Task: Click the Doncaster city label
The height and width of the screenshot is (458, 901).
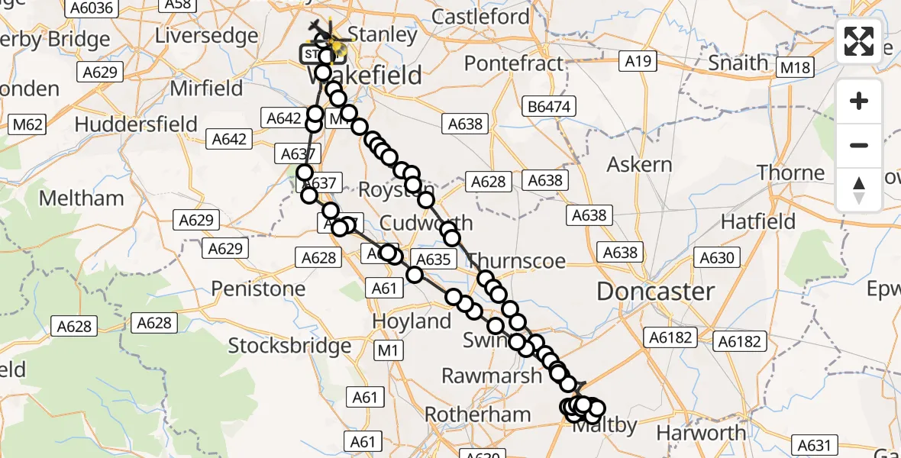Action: [x=655, y=291]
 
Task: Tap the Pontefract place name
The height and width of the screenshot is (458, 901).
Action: [x=513, y=63]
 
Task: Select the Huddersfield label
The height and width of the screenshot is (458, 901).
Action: [x=136, y=124]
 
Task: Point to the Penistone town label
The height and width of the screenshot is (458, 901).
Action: [x=258, y=289]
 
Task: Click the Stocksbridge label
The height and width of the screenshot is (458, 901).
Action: [x=290, y=346]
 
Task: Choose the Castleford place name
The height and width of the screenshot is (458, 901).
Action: [x=480, y=16]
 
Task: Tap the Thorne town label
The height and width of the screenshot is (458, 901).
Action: [x=791, y=173]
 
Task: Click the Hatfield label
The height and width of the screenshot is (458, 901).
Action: [x=758, y=222]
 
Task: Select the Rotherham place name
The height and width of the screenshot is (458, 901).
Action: [x=477, y=414]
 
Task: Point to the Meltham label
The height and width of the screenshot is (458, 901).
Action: [x=81, y=198]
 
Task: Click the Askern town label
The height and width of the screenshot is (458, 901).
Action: [x=639, y=164]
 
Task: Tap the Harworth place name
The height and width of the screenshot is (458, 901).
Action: [x=702, y=433]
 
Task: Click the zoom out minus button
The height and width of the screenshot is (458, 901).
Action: [x=859, y=145]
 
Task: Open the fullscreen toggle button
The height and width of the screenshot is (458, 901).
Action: [x=859, y=41]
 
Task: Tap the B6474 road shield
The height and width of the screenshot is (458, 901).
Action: [x=548, y=107]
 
